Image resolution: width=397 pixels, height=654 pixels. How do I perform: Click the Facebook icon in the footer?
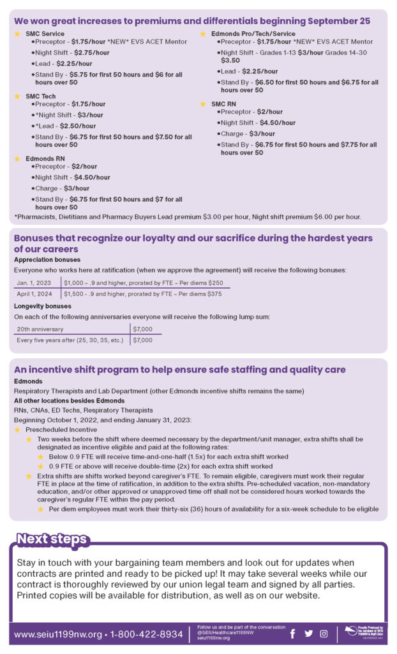[293, 634]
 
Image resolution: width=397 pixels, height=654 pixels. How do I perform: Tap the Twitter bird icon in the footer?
[309, 634]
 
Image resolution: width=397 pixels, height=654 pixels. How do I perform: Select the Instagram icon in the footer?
[324, 634]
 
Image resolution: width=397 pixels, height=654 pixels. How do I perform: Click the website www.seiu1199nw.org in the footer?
[58, 634]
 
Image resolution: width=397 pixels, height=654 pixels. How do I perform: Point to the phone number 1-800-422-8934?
[146, 634]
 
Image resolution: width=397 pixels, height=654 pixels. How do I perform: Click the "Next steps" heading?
[51, 539]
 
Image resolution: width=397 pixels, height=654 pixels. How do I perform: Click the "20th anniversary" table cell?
[40, 329]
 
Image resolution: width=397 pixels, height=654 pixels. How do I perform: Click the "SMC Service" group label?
[45, 33]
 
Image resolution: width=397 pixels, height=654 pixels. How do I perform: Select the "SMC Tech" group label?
[40, 96]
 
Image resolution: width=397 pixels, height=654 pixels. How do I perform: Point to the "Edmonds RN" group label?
[44, 158]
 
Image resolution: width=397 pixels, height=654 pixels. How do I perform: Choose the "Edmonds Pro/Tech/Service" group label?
[253, 33]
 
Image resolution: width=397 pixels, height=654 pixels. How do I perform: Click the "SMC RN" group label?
[225, 103]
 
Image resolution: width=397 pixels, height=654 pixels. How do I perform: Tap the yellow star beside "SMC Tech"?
[17, 96]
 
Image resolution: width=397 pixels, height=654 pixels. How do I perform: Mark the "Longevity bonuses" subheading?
[43, 306]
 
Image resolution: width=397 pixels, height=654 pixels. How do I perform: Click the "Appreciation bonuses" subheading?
[47, 260]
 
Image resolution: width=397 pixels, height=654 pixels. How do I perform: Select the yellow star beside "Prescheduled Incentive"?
[17, 430]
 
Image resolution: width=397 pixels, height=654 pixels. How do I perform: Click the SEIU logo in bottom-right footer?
[363, 632]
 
